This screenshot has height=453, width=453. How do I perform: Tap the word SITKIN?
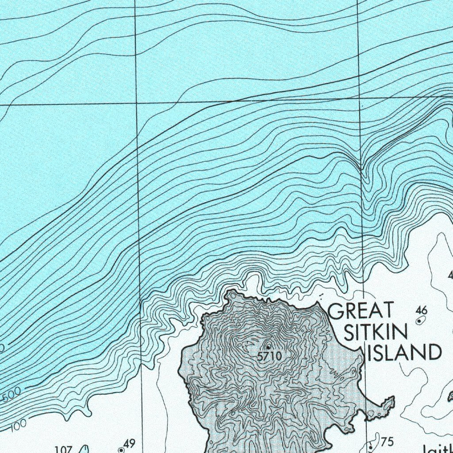pyautogui.click(x=376, y=332)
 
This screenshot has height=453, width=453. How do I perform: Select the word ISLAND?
pyautogui.click(x=404, y=353)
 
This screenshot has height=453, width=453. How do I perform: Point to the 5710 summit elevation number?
pyautogui.click(x=269, y=356)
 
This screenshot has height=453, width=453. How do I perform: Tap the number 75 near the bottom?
pyautogui.click(x=387, y=441)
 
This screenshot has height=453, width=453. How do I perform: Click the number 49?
pyautogui.click(x=129, y=443)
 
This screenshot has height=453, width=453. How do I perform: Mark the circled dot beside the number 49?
pyautogui.click(x=121, y=450)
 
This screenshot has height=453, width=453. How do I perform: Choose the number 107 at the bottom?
pyautogui.click(x=63, y=449)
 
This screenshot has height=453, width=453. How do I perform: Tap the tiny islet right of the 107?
pyautogui.click(x=86, y=449)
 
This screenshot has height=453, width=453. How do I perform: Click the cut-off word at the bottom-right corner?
pyautogui.click(x=438, y=449)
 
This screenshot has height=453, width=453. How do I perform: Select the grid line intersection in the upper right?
pyautogui.click(x=359, y=97)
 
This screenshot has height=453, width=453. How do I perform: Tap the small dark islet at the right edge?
pyautogui.click(x=450, y=397)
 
